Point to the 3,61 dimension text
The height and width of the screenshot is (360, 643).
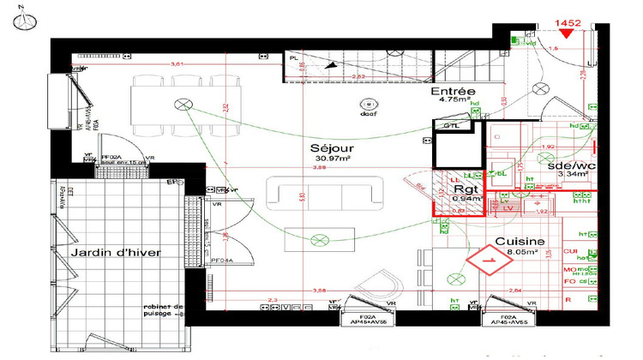tap(177, 64)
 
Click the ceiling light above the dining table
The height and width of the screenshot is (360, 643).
tap(183, 105)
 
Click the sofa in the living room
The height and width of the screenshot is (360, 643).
tap(321, 194)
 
